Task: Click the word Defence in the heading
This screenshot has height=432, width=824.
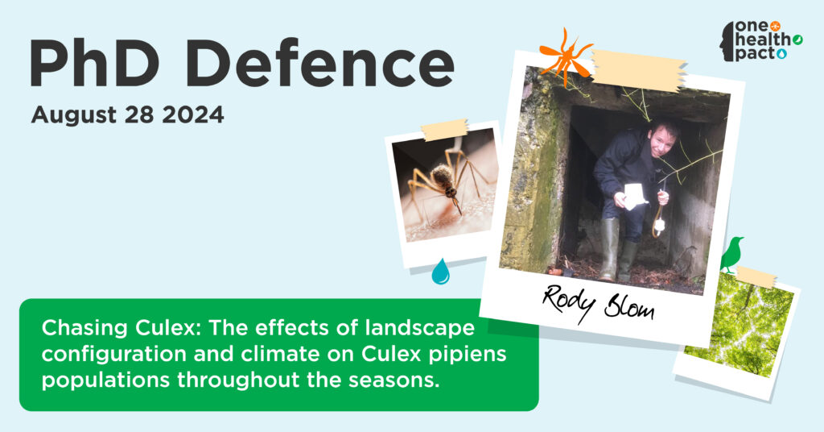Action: click(x=319, y=62)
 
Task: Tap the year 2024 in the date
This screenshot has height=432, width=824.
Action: click(x=193, y=114)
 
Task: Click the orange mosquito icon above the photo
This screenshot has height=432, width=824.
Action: click(x=566, y=56)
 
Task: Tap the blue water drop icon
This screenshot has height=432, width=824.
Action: click(x=440, y=272)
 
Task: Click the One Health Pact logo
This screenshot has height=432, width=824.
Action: click(x=760, y=41)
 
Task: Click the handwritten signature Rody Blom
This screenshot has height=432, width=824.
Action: click(x=598, y=304)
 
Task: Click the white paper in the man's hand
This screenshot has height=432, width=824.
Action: click(x=635, y=197)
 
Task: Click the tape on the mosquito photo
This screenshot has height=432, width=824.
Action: click(x=444, y=130)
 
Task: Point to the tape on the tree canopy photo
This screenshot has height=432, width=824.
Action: click(x=755, y=276)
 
